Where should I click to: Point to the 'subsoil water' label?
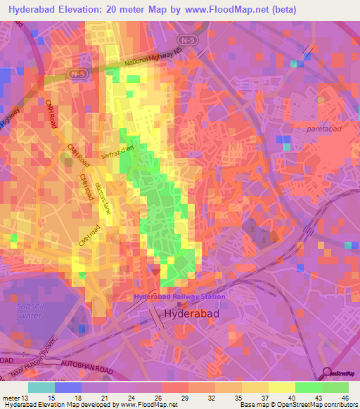[29, 311]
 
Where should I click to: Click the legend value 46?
[345, 398]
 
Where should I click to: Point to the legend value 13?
[26, 398]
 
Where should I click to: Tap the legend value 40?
[291, 398]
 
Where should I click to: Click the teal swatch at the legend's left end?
[41, 387]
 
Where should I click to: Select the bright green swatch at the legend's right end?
[335, 387]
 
